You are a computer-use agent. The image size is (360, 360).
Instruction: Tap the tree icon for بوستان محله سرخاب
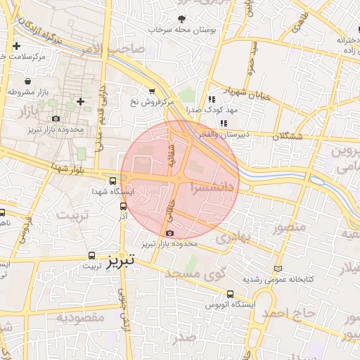point(182,19)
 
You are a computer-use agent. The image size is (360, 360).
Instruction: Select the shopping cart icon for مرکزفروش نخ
point(153,91)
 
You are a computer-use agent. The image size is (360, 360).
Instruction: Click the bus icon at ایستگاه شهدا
point(113,180)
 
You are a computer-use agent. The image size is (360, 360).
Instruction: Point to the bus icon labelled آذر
point(124,206)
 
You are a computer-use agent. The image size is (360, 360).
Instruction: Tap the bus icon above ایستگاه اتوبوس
point(230,295)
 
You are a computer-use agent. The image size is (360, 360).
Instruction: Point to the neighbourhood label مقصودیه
point(80,317)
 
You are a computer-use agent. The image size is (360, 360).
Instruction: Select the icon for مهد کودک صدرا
point(212,99)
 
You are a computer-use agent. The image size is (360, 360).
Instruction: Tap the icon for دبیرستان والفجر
point(224,124)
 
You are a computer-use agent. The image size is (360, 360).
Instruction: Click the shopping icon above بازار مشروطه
point(27,81)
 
